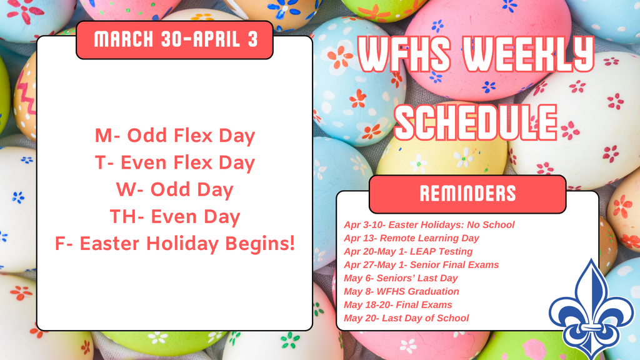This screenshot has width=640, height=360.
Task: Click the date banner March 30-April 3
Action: pos(174,40)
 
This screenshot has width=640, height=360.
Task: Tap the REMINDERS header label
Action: pos(467,194)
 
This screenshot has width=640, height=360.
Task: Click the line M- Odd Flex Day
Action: pos(174,136)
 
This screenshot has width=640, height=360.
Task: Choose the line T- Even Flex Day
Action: pos(174,162)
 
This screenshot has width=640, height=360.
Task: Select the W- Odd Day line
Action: pos(174,189)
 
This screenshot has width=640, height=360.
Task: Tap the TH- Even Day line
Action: pos(174,216)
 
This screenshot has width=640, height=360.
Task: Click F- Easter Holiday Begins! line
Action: pos(174,243)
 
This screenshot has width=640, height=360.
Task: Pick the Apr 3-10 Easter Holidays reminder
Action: pos(429,224)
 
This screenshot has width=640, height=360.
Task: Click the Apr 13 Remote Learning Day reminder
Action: pos(411,238)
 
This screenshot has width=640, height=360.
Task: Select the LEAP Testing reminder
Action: pos(408,251)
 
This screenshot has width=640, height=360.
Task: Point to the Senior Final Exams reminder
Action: pos(421,265)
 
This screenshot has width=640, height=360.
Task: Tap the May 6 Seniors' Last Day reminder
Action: pos(401,278)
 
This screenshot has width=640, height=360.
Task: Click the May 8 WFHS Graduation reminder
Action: pos(401,292)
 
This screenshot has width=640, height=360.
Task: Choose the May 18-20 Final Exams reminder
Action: pos(397,305)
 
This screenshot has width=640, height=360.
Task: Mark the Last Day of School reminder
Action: pos(406,318)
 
